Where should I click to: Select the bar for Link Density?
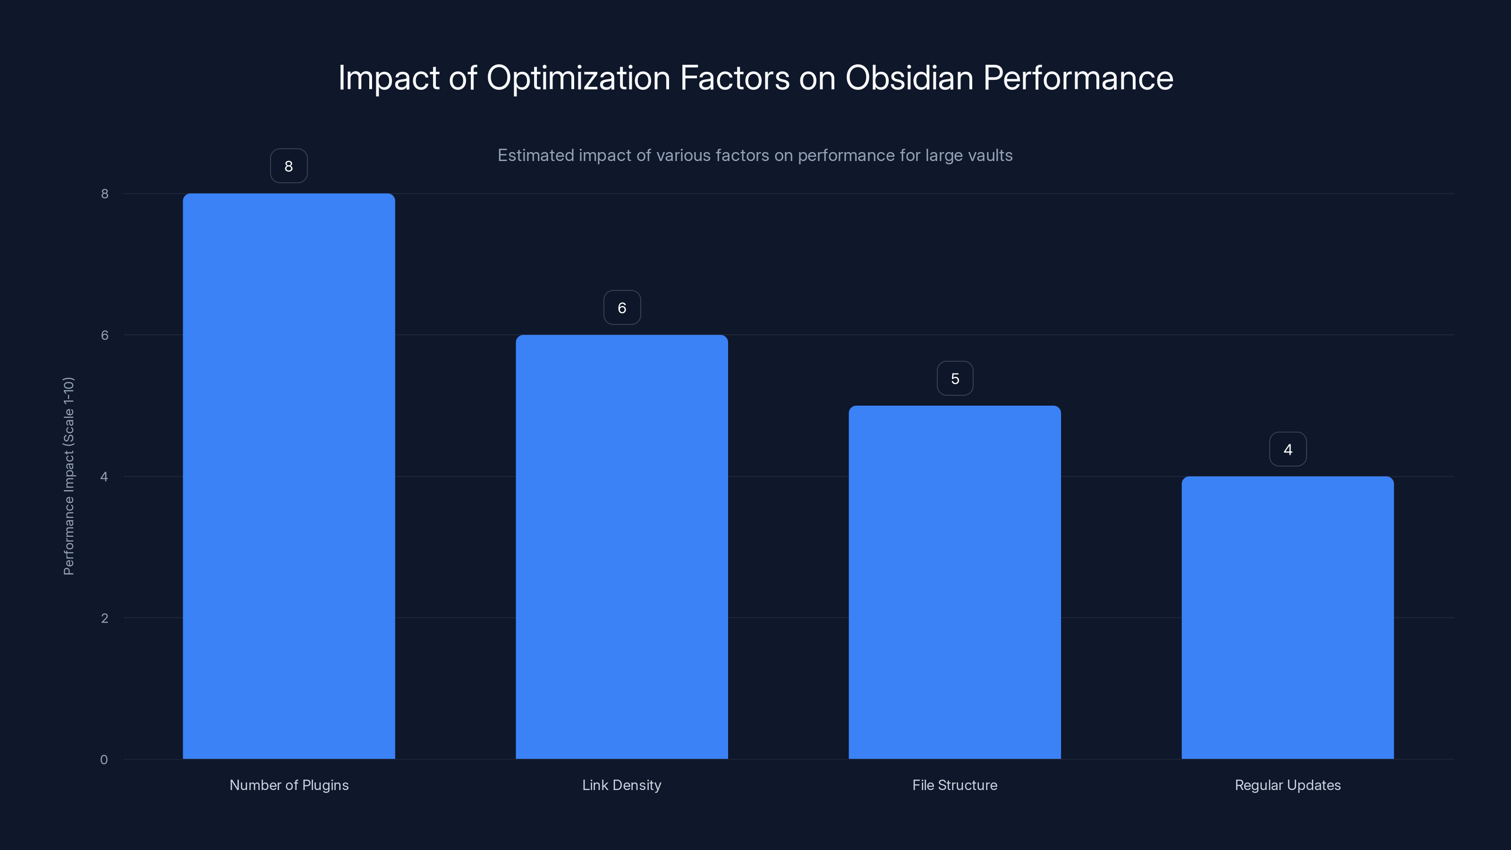tap(622, 547)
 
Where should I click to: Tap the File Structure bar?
tap(954, 582)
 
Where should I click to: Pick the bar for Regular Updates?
tap(1288, 617)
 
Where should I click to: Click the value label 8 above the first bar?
tap(289, 166)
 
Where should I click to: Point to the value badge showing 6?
tap(622, 307)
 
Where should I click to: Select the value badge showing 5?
tap(955, 378)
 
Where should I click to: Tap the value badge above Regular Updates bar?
tap(1288, 450)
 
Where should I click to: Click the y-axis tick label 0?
tap(104, 760)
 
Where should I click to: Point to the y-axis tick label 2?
tap(104, 618)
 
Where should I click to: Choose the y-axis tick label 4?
tap(104, 476)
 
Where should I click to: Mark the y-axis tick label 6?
tap(104, 335)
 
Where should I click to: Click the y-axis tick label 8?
tap(104, 194)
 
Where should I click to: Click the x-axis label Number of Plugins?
tap(289, 785)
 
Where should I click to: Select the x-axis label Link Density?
tap(622, 785)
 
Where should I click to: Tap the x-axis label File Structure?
tap(954, 785)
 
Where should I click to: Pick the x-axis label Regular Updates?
tap(1288, 785)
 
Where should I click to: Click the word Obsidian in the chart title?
tap(909, 77)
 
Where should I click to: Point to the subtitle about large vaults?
tap(755, 155)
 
